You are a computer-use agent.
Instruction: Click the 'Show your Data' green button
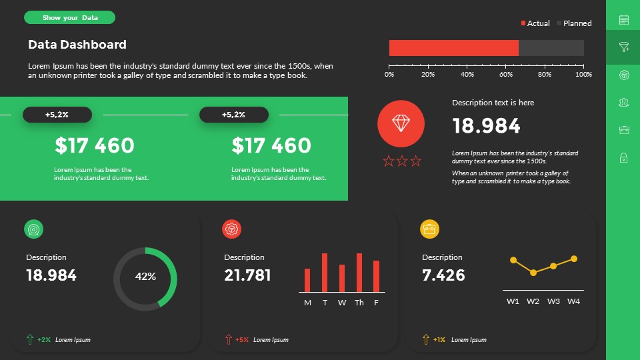tap(69, 17)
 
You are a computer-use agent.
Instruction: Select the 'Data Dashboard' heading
tap(77, 45)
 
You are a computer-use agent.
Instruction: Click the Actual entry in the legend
tap(535, 23)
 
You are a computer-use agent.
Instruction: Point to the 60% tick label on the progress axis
tap(506, 75)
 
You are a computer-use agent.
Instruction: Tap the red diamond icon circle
tap(401, 123)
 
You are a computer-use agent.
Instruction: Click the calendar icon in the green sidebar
tap(624, 20)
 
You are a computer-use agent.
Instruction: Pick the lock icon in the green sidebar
tap(624, 157)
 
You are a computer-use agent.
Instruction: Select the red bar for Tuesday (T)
tap(325, 272)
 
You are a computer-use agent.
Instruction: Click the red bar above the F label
tap(376, 276)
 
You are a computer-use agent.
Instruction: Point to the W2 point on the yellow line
tap(533, 273)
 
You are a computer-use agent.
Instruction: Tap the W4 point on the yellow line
tap(574, 259)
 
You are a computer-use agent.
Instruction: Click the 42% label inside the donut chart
tap(145, 276)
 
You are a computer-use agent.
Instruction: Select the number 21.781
tap(247, 275)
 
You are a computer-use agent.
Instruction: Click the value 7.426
tap(443, 275)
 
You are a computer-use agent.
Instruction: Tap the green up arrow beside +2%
tap(29, 339)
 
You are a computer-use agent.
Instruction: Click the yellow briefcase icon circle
tap(429, 229)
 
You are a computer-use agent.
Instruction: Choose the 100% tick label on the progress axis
tap(583, 75)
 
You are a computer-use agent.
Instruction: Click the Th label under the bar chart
tap(359, 303)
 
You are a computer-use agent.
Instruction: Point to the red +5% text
tap(242, 340)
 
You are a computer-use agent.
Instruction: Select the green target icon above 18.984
tap(34, 229)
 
